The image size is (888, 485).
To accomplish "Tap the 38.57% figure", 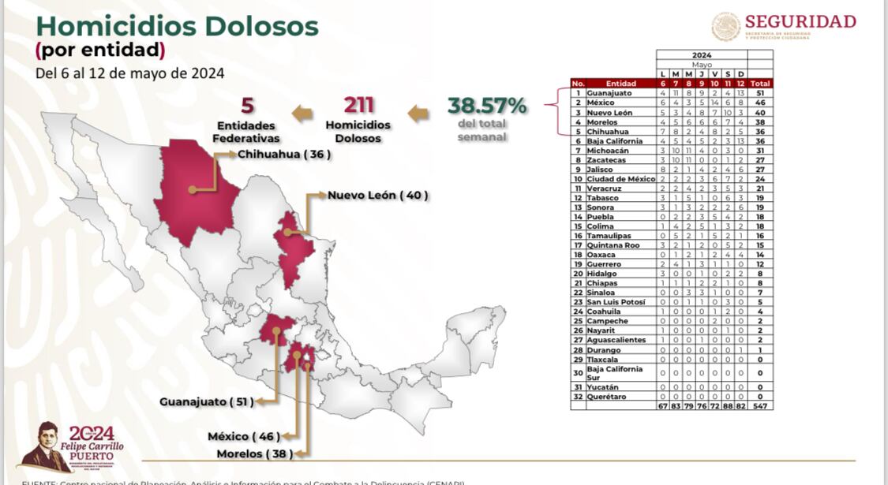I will (487, 106).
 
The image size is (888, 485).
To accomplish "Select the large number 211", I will (358, 106).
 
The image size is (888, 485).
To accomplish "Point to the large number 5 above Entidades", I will (247, 106).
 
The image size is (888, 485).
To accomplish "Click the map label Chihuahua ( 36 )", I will (283, 155).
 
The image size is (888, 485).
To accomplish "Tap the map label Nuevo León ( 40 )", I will (378, 195).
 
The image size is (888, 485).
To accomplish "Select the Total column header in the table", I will (761, 83).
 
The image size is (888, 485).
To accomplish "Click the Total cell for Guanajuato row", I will (761, 93).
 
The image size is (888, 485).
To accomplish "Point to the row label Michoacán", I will (608, 150).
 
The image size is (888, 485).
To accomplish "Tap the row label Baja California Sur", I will (614, 372).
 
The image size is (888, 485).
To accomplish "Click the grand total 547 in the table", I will (761, 405).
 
